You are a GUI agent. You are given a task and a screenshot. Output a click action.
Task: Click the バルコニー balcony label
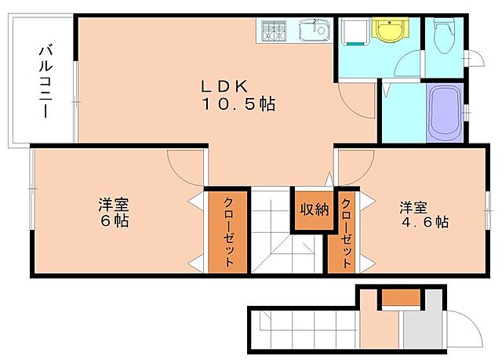pos(45,80)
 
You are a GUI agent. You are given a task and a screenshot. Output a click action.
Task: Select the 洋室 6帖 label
pos(115,213)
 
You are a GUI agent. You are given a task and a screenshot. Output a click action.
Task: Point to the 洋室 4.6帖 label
pos(423,214)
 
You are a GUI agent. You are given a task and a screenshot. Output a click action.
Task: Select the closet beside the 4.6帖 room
pos(345,231)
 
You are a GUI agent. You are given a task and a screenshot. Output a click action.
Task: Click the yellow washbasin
pos(385,32)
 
